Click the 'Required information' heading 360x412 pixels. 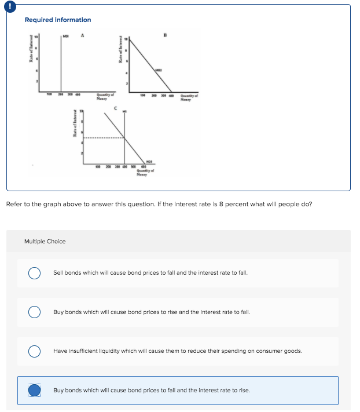tap(57, 20)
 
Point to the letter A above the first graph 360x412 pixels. tap(83, 34)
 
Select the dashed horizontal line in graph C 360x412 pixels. tap(103, 138)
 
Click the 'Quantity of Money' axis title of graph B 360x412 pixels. tap(189, 99)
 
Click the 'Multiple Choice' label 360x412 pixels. tap(45, 241)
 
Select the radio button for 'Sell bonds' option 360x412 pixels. tap(35, 272)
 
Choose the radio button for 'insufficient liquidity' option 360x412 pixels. tap(35, 351)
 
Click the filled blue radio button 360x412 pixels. tap(35, 391)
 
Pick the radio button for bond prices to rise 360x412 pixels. tap(35, 312)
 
